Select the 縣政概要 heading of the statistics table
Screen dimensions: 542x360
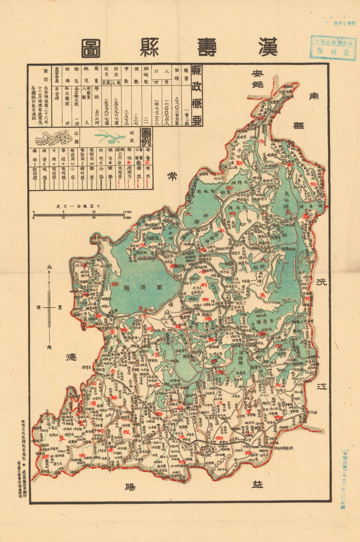pos(196,95)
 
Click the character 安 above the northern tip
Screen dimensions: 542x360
pos(258,74)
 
